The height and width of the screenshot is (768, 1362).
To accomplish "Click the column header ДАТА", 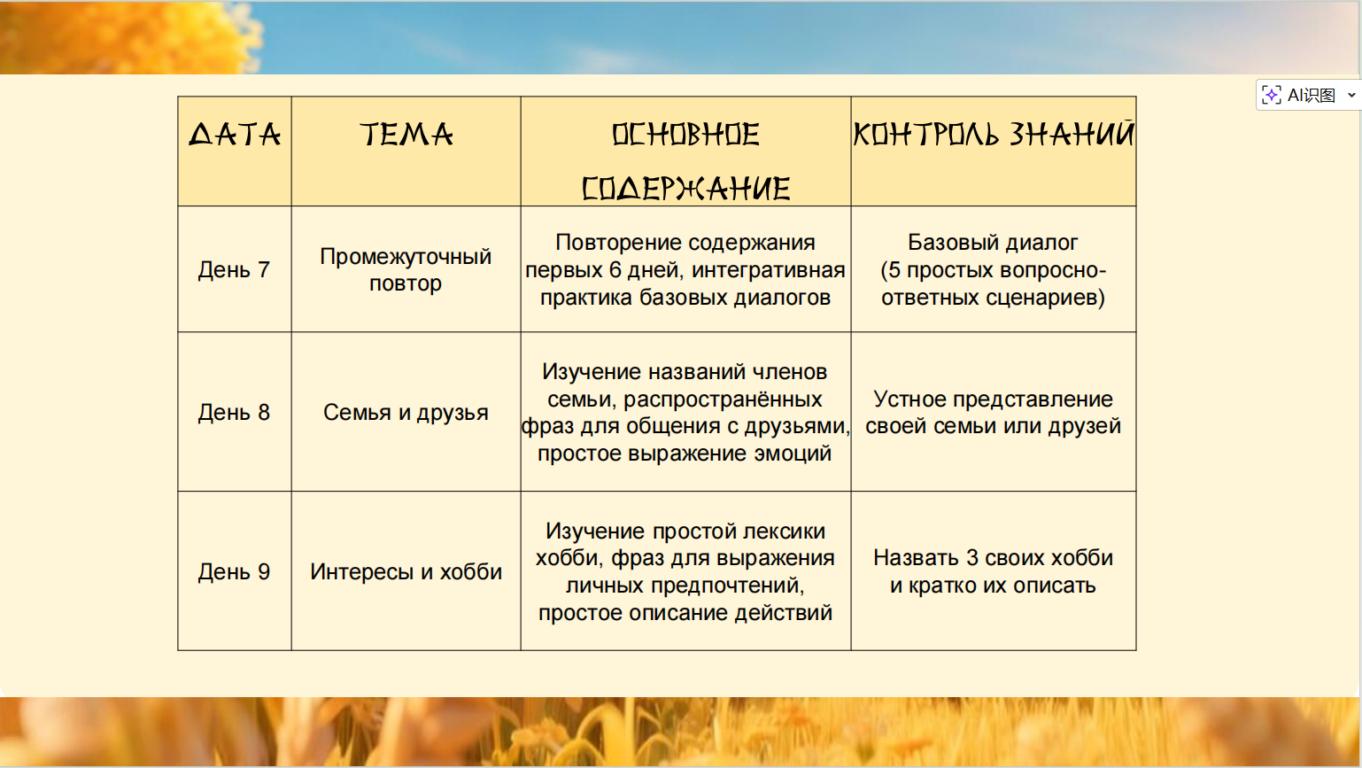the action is coord(234,135).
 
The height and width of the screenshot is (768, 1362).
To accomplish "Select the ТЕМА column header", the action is coord(406,135).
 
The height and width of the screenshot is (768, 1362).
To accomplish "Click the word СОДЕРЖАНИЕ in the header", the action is coord(685,189).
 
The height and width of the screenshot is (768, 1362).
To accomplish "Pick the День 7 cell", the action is coord(234,269).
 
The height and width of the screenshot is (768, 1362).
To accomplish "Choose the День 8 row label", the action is coord(234,412).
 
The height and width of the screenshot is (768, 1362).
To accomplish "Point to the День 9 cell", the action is coord(234,571).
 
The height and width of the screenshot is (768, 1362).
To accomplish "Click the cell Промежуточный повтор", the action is coord(406,269).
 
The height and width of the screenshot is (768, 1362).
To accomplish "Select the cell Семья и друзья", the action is coord(406,412).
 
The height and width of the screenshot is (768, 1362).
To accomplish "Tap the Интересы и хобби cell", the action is coord(406,571).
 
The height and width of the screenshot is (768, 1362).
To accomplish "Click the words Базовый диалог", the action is coord(993,242).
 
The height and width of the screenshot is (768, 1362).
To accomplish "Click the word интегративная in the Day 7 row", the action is coord(769,270).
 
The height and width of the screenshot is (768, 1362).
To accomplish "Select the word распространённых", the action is coord(723,400).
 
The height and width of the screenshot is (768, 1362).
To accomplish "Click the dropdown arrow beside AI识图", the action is coord(1351,95).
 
